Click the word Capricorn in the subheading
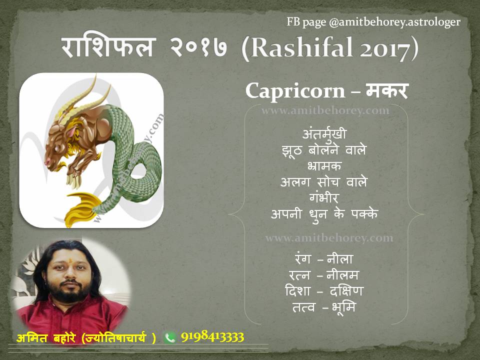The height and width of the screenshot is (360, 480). (x=295, y=91)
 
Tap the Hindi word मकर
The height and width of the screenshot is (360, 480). (x=387, y=90)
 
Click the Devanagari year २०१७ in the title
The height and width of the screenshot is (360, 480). (x=198, y=47)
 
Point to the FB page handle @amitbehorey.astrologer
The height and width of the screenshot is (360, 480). (x=394, y=22)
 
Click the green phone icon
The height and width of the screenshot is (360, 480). (x=169, y=337)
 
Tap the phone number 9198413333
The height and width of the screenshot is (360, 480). (x=212, y=336)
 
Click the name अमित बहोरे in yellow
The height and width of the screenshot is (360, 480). (x=46, y=337)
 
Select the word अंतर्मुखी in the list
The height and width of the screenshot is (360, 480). (x=324, y=134)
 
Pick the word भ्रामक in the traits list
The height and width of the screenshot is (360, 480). (x=324, y=166)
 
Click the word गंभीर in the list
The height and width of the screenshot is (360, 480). (x=324, y=197)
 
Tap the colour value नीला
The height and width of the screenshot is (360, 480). (x=340, y=259)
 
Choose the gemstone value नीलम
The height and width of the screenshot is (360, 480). (x=342, y=275)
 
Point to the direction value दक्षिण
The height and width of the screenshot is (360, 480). (x=346, y=290)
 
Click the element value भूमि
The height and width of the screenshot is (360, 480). (x=343, y=307)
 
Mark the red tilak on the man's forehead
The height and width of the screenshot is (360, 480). (x=70, y=261)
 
